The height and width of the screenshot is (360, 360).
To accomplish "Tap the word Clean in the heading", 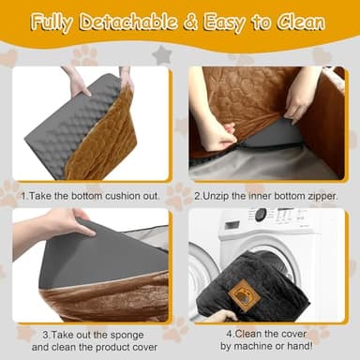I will click(x=302, y=22).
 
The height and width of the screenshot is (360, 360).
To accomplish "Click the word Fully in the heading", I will click(x=57, y=22).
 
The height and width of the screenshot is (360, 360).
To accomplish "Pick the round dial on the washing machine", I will click(x=260, y=215).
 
